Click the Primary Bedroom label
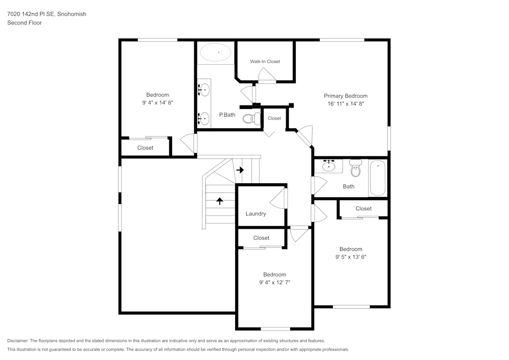click(x=346, y=96)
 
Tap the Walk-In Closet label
click(x=265, y=62)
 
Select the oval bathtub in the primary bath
click(x=215, y=52)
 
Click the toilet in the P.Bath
click(x=249, y=119)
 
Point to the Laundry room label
click(x=256, y=214)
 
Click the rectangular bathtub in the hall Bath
click(x=378, y=178)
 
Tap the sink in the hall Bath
click(x=328, y=165)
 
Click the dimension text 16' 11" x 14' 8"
click(x=346, y=103)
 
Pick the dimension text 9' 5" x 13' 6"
click(x=351, y=257)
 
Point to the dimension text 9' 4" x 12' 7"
click(x=274, y=282)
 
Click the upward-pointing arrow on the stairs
click(x=219, y=201)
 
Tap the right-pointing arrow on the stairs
click(x=240, y=170)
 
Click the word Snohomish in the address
click(x=72, y=14)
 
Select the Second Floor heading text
click(x=24, y=23)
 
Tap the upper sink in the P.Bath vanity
click(x=204, y=90)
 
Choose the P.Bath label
click(x=227, y=115)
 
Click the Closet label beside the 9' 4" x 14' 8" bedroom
click(x=145, y=148)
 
